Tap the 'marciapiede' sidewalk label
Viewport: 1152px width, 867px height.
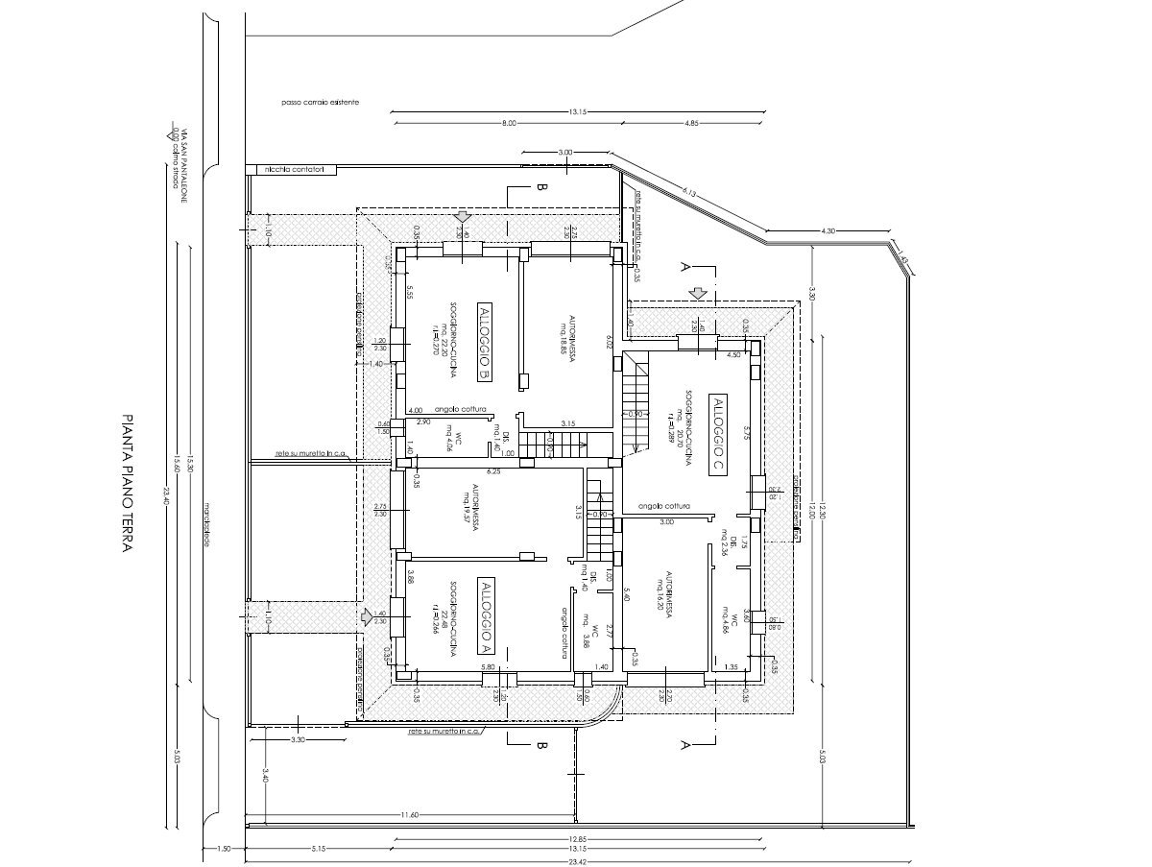[205, 524]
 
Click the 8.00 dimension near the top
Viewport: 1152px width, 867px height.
[508, 123]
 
